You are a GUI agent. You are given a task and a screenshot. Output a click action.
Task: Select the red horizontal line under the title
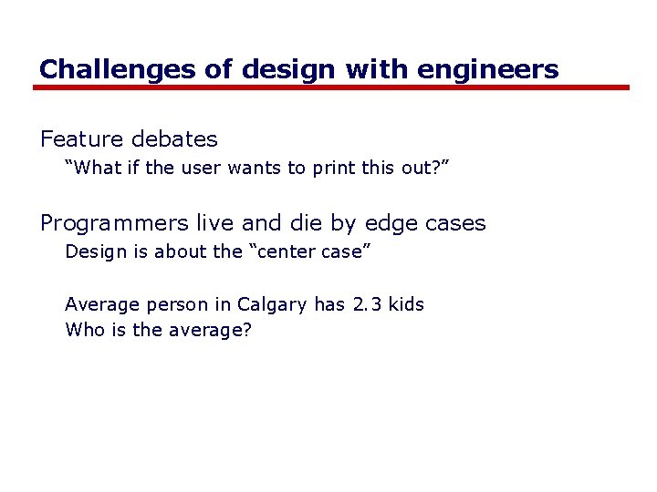pyautogui.click(x=331, y=88)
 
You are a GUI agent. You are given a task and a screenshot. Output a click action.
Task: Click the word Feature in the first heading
pyautogui.click(x=81, y=139)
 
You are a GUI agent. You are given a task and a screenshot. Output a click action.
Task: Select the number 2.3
pyautogui.click(x=368, y=304)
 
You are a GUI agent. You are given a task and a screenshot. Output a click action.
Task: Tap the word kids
pyautogui.click(x=406, y=304)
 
